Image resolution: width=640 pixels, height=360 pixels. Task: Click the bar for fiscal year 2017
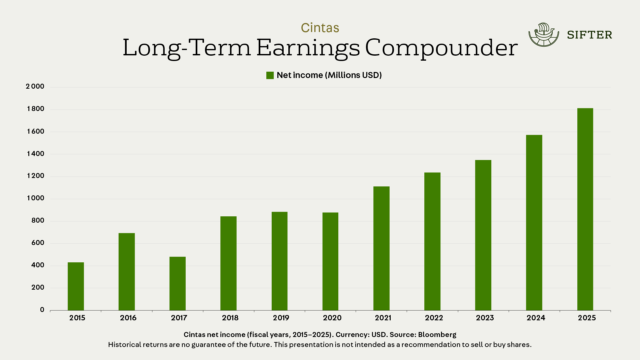177,283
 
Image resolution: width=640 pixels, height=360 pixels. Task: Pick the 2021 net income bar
381,248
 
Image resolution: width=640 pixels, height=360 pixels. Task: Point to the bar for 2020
330,261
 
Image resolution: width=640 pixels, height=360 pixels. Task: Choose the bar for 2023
483,235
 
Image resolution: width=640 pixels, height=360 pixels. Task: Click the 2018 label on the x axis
230,318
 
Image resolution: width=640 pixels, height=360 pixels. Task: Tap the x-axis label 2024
536,318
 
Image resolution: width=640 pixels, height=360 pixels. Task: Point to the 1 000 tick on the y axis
35,198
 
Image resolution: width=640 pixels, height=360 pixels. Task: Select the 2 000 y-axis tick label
35,87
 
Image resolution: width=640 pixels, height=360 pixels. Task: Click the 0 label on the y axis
42,310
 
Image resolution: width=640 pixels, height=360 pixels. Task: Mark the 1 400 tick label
35,154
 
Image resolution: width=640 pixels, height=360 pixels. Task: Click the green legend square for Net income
270,75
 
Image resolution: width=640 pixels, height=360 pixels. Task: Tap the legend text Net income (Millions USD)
329,75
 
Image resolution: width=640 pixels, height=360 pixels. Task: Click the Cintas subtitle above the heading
320,28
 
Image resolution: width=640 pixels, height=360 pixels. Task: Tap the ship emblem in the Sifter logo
543,34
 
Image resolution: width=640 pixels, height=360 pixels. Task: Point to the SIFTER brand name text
589,35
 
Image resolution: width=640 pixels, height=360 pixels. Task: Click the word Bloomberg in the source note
437,335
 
